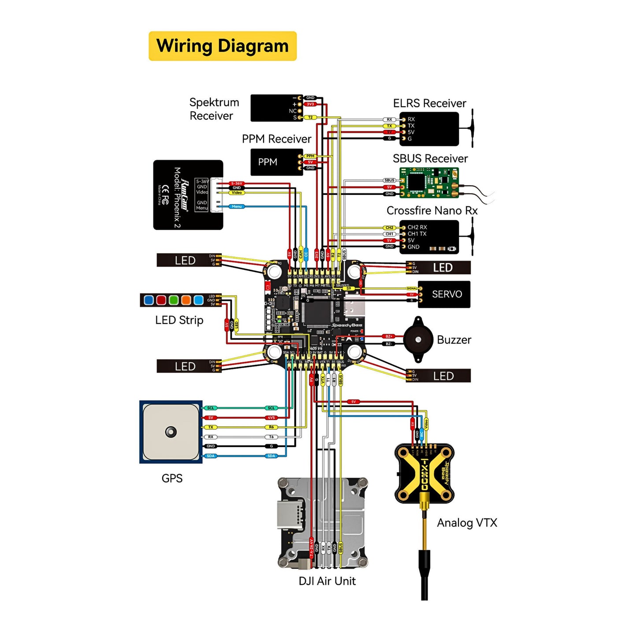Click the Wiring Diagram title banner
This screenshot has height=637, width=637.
tap(223, 46)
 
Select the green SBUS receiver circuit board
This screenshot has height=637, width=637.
tap(428, 183)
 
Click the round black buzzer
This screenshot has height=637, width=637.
tap(418, 339)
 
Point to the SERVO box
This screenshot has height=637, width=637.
tap(444, 294)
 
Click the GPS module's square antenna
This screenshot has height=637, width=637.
tap(171, 432)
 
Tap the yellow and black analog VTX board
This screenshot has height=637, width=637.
tap(424, 473)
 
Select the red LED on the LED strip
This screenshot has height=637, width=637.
tap(161, 300)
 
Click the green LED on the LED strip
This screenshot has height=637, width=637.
tap(174, 300)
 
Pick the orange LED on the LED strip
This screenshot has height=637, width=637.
tap(186, 300)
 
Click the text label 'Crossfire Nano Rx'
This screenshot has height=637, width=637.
tap(432, 211)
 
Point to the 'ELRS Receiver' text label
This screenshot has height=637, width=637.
tap(429, 103)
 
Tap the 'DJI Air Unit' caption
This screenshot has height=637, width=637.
tap(327, 581)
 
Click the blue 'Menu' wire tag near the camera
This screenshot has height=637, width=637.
tap(237, 206)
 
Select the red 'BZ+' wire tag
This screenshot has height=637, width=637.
tap(388, 336)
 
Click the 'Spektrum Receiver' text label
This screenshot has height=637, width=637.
tap(214, 109)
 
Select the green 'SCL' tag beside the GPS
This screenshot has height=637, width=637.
tap(211, 408)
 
